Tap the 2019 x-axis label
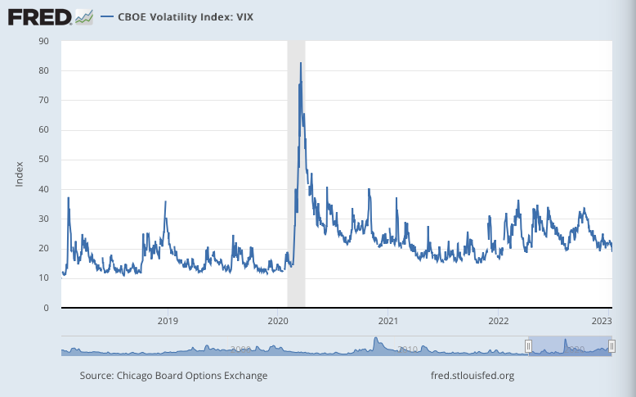click(x=167, y=321)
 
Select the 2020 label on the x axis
click(x=278, y=321)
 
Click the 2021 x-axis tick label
click(x=388, y=321)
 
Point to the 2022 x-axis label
click(x=499, y=321)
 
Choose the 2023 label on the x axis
click(x=602, y=321)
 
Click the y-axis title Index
click(x=20, y=174)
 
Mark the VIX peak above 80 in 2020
click(x=301, y=63)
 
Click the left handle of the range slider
click(x=528, y=346)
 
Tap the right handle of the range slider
click(x=612, y=346)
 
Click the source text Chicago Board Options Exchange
click(x=173, y=376)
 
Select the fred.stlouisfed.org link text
click(x=472, y=376)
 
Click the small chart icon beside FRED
click(x=83, y=16)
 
